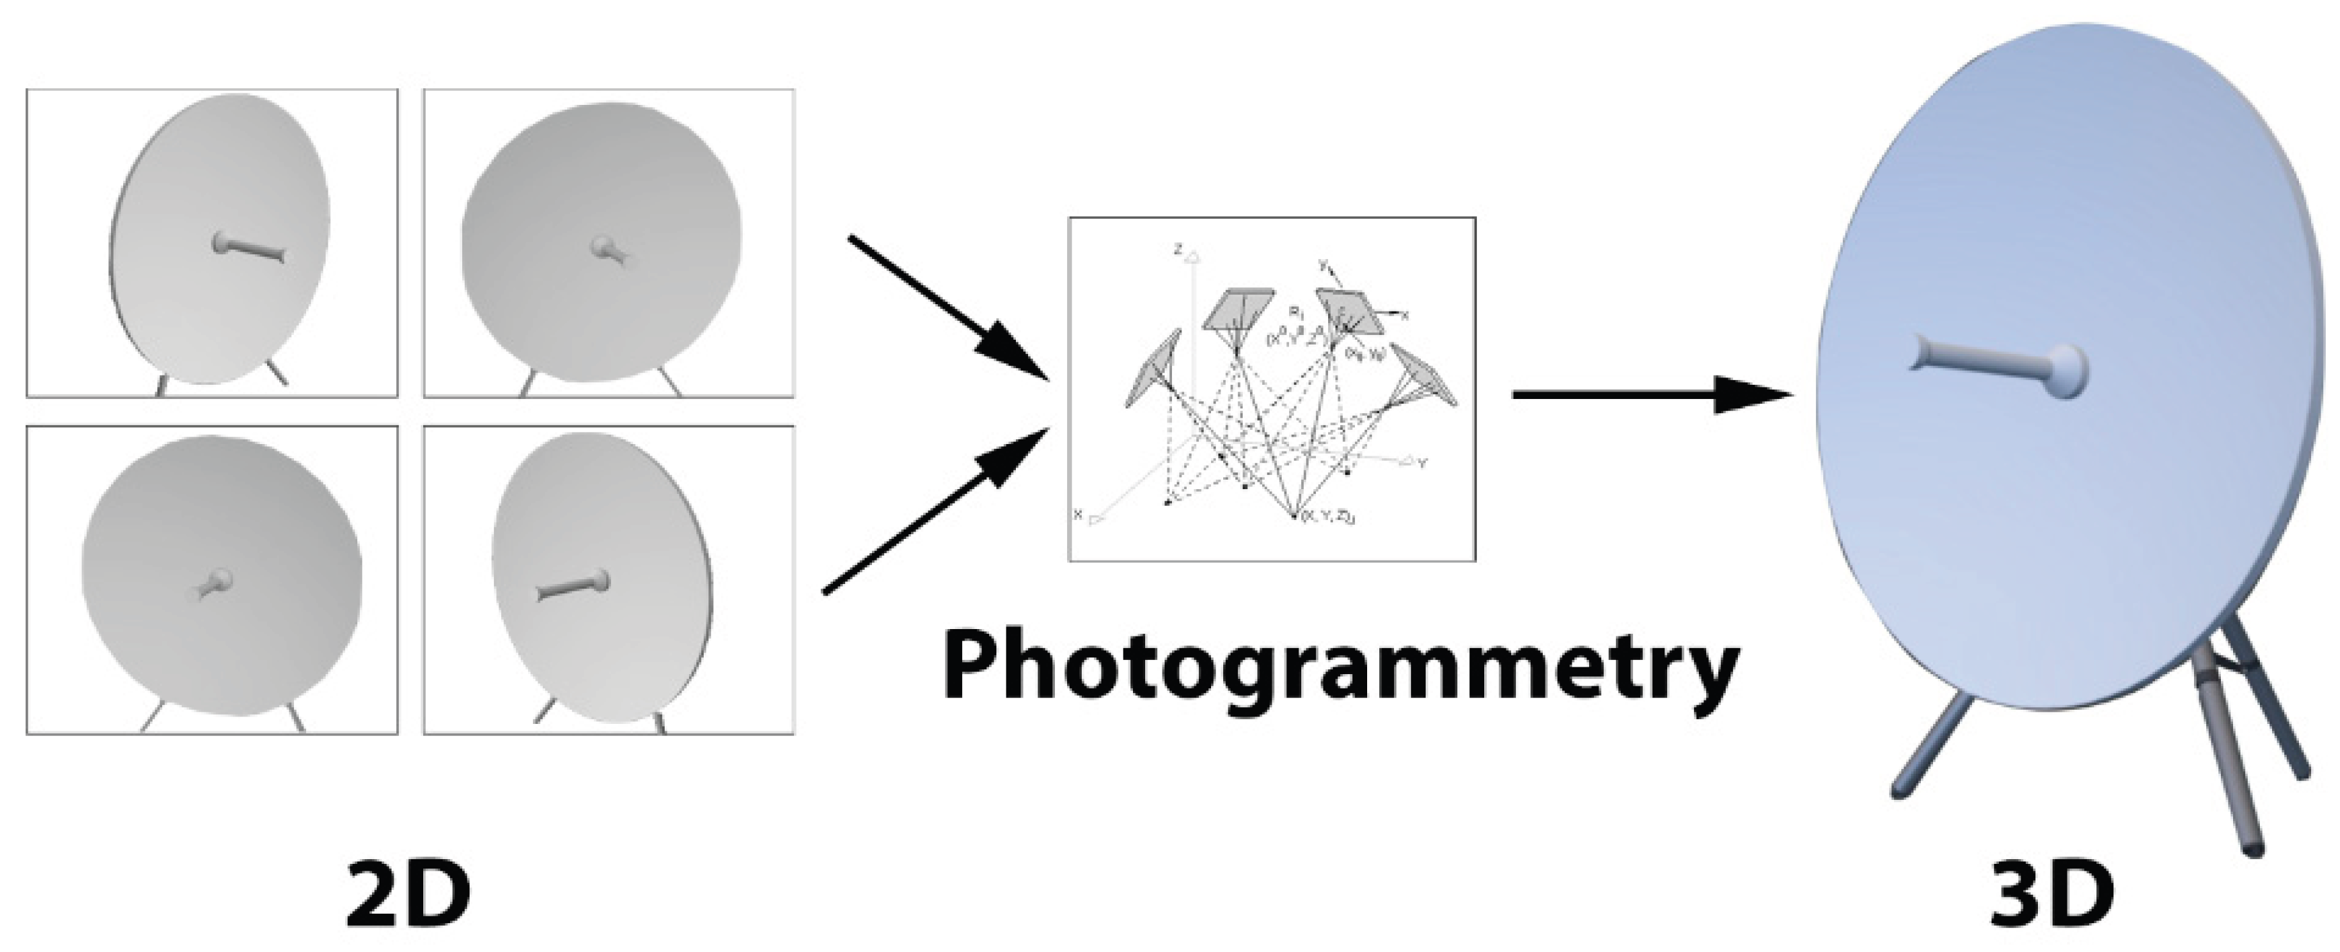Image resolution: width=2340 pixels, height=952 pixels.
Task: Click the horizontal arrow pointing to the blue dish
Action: click(1649, 395)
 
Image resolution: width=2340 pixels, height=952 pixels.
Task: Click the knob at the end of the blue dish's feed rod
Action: click(2064, 371)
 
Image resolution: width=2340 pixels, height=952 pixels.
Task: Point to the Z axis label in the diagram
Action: click(1178, 247)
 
